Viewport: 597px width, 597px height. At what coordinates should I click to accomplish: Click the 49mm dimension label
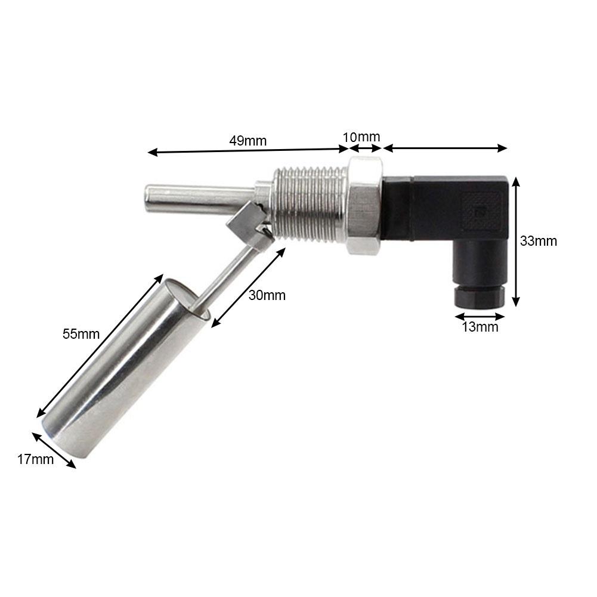click(248, 141)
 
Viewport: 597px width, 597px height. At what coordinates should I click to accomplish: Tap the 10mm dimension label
click(361, 137)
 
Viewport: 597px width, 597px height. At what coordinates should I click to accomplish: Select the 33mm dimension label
click(539, 241)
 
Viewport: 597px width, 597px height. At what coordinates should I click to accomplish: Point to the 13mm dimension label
click(480, 327)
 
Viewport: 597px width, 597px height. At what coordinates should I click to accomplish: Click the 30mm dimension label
click(267, 295)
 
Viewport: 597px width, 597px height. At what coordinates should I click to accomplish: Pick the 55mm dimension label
click(81, 334)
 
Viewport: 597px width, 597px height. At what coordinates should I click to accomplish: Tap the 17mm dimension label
click(35, 459)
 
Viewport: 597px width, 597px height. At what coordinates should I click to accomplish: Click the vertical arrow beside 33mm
click(516, 241)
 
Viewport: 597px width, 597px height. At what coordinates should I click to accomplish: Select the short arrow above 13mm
click(480, 316)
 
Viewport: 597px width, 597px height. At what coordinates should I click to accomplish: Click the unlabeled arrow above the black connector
click(445, 147)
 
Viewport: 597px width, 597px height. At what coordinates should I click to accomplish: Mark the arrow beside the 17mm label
click(54, 450)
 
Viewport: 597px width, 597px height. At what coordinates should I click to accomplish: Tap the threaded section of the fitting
click(310, 203)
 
